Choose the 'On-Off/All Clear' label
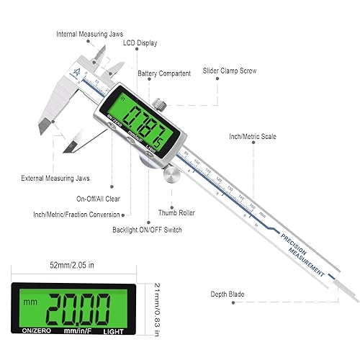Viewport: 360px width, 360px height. [x=101, y=198]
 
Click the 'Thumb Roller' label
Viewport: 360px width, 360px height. [x=177, y=214]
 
